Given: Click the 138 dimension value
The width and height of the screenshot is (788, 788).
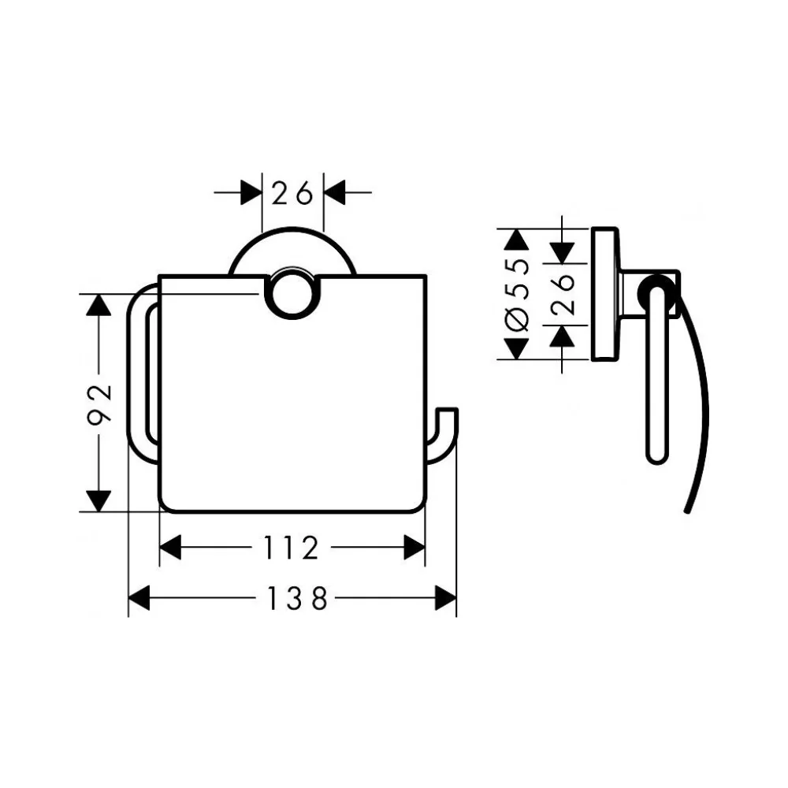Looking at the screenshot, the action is pyautogui.click(x=297, y=599).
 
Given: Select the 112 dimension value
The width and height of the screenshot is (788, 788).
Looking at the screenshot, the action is pyautogui.click(x=292, y=548).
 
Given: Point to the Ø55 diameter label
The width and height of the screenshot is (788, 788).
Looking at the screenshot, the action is pyautogui.click(x=518, y=295).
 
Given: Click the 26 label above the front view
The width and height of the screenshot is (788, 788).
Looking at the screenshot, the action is pyautogui.click(x=292, y=193).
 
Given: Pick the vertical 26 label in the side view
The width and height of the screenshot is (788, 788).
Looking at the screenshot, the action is pyautogui.click(x=563, y=295).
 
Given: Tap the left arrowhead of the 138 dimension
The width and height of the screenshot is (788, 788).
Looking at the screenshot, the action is pyautogui.click(x=139, y=598).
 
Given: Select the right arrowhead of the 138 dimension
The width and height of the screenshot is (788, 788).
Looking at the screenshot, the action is pyautogui.click(x=445, y=598).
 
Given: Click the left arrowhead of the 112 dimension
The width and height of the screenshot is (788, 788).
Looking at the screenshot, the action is pyautogui.click(x=170, y=548).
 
